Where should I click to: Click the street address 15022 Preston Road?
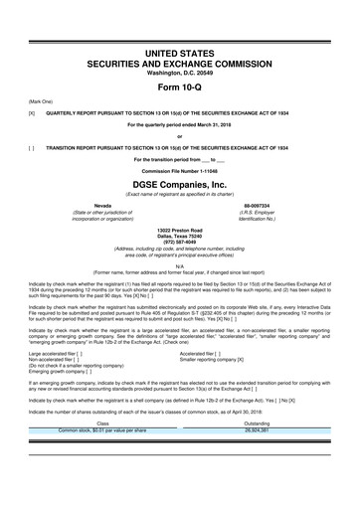(180, 230)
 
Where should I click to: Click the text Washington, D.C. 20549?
(180, 65)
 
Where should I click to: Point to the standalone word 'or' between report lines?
(180, 134)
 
